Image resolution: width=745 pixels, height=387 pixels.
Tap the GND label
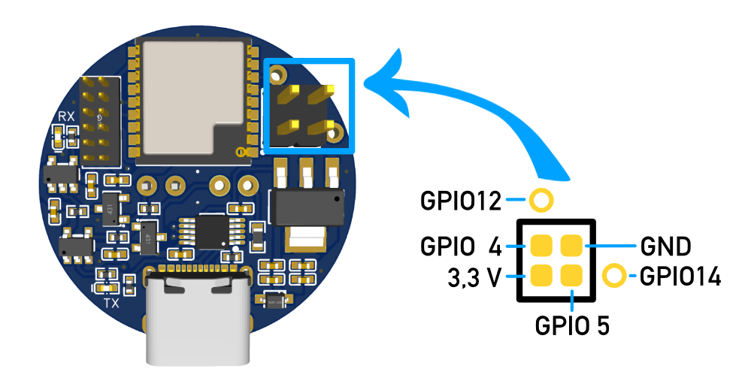(x=665, y=246)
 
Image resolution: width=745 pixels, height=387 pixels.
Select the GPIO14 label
(x=680, y=277)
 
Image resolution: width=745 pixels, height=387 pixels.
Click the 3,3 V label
(x=474, y=278)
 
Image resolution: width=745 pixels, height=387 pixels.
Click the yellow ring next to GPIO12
(x=541, y=200)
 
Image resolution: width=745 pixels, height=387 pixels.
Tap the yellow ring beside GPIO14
(x=614, y=276)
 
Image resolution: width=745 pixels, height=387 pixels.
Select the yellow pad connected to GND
(x=571, y=245)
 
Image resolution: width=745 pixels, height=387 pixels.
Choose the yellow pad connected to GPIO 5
(x=571, y=276)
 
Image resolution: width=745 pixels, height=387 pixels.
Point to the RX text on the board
(x=66, y=116)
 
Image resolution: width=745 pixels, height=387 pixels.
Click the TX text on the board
(x=111, y=304)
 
